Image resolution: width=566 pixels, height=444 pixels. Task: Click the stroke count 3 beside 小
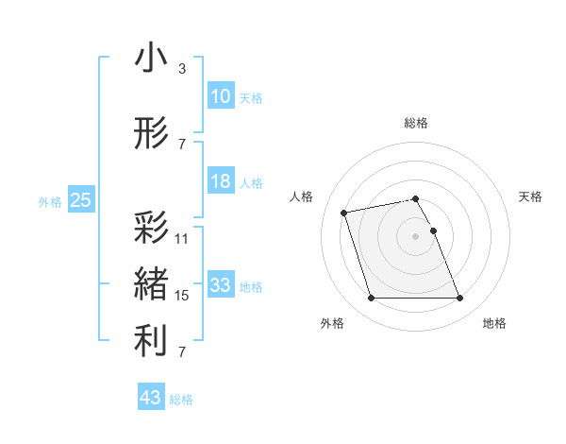pos(181,69)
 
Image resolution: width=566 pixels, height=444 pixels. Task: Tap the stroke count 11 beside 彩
pos(182,239)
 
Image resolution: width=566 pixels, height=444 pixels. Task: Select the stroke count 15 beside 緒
pos(182,296)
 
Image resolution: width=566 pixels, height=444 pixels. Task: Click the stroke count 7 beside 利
pos(181,352)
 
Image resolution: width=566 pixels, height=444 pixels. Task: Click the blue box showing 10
pos(221,95)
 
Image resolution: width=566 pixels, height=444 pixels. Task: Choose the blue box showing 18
pos(221,181)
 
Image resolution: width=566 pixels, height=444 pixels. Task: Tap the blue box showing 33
pos(221,285)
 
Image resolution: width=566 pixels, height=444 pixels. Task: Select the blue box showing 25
pos(80,200)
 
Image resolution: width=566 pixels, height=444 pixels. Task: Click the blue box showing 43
pos(150,398)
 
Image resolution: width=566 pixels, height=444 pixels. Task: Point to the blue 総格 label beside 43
pos(181,400)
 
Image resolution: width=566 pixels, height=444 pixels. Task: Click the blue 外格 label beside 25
pos(49,201)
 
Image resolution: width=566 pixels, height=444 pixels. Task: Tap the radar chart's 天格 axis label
pos(530,196)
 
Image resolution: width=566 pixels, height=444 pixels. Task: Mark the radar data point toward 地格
pos(459,299)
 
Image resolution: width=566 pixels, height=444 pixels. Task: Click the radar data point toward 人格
pos(344,212)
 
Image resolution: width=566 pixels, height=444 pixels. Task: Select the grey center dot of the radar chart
pos(415,236)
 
